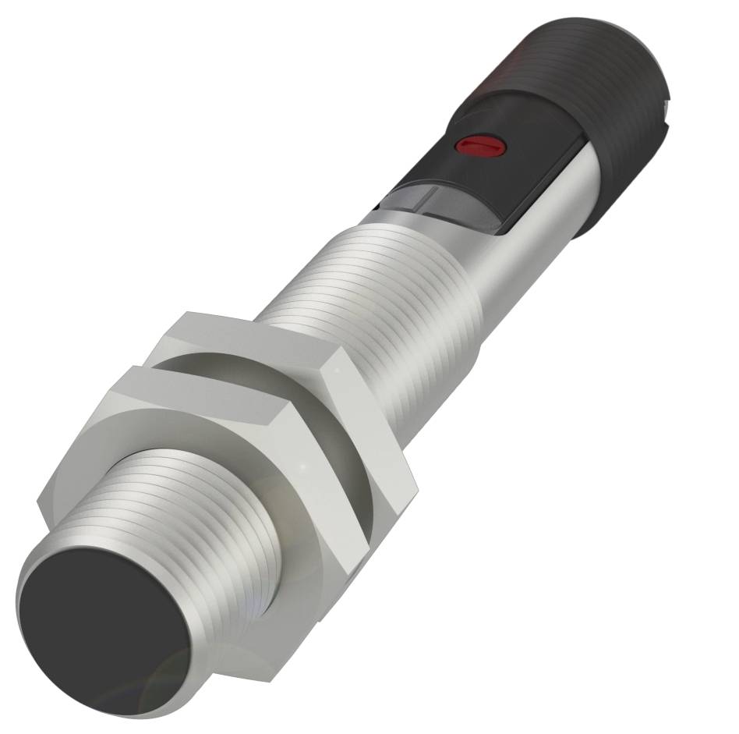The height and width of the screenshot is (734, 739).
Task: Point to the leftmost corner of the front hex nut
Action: tap(39, 499)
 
